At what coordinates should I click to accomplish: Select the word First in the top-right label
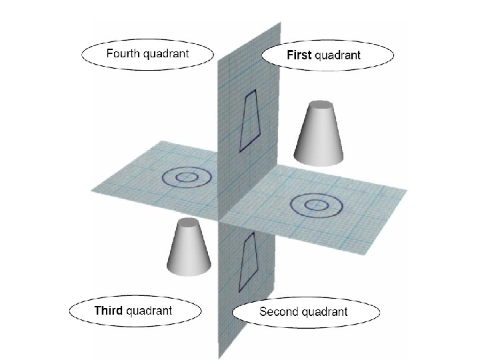(x=299, y=55)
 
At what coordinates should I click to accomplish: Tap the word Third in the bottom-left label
(x=109, y=310)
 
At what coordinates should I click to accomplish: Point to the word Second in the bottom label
(x=280, y=311)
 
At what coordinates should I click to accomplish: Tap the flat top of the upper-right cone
(x=321, y=106)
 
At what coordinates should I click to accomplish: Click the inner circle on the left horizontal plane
(x=187, y=177)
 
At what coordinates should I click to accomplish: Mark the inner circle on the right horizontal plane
(x=313, y=203)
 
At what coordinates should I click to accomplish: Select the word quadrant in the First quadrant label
(x=337, y=55)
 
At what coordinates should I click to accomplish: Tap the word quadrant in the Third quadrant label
(x=149, y=310)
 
